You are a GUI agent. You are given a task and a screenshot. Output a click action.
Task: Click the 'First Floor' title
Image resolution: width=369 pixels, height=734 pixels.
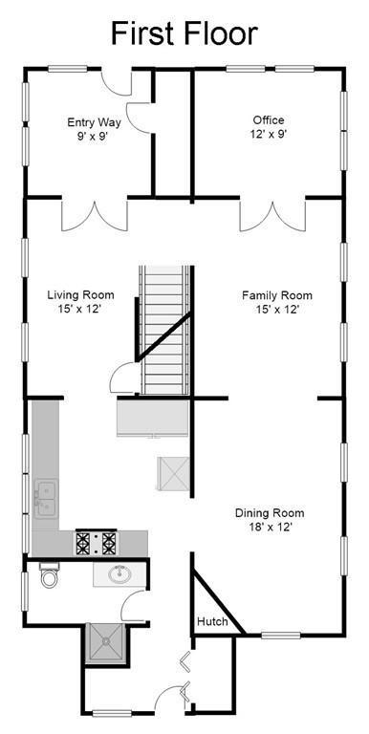coord(184,33)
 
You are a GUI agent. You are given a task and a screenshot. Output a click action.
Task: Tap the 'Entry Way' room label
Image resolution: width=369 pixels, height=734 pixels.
coord(94,122)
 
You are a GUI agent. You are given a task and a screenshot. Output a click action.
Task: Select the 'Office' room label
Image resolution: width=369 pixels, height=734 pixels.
coord(269,120)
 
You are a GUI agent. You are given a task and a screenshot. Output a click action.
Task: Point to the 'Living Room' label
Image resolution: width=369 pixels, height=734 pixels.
coord(80,295)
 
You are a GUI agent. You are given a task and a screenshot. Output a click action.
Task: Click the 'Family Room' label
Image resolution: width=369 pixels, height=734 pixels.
coord(277,296)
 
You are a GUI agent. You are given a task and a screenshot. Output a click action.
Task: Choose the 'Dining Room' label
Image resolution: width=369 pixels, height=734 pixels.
coord(270,513)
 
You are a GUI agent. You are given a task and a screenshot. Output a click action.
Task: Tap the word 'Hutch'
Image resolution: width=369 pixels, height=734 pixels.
coord(212,621)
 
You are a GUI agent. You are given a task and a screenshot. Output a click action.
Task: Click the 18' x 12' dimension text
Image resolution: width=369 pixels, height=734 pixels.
coord(271,528)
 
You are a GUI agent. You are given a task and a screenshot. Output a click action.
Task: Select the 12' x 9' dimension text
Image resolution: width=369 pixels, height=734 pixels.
coord(269,134)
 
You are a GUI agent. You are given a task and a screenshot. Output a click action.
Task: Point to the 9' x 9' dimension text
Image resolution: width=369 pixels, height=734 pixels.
coord(94,137)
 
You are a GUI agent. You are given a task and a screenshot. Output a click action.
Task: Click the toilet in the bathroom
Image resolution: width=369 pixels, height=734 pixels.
coord(49,574)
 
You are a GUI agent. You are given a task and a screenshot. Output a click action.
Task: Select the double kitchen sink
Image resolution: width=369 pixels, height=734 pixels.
coord(46,499)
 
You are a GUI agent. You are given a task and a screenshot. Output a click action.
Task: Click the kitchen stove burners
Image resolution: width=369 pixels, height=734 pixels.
coord(96,543)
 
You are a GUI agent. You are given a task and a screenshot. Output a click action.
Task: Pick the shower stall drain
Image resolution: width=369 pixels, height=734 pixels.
coord(107,642)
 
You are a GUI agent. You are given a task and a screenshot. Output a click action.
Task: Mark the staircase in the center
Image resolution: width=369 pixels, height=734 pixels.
coord(165,330)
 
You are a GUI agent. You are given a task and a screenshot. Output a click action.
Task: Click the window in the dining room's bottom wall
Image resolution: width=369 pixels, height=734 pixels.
coord(280,636)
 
